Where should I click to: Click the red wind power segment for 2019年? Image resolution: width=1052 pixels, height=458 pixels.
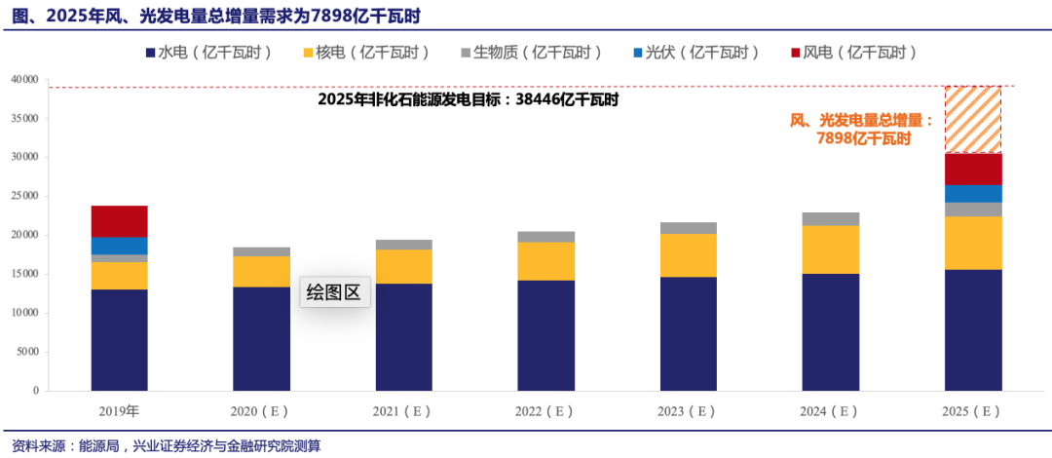coord(119,221)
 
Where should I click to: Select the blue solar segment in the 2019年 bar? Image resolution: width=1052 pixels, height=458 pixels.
coord(119,246)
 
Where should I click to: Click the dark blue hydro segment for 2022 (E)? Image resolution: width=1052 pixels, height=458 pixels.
coord(545,335)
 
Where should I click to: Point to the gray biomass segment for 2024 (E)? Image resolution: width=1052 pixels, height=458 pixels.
coord(831,219)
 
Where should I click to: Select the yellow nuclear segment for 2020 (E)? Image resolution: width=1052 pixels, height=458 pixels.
coord(261,272)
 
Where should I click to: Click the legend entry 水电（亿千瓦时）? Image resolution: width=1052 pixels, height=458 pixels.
coord(208,52)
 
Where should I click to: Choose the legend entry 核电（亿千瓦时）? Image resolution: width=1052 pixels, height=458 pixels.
coord(365,52)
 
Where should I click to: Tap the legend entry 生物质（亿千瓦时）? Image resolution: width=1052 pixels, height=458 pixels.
coord(530,52)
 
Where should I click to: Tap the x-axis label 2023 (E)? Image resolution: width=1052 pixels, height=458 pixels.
coord(688,411)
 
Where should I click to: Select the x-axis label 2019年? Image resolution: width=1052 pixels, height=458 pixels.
coord(119,411)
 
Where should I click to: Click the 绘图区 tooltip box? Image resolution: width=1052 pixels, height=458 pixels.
coord(334,291)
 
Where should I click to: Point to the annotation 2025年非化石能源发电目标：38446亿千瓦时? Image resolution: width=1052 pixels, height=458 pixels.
coord(469,99)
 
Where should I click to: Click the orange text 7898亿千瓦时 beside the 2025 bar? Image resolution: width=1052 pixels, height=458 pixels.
coord(863,138)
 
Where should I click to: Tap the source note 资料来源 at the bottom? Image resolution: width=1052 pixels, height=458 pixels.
coord(161,446)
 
